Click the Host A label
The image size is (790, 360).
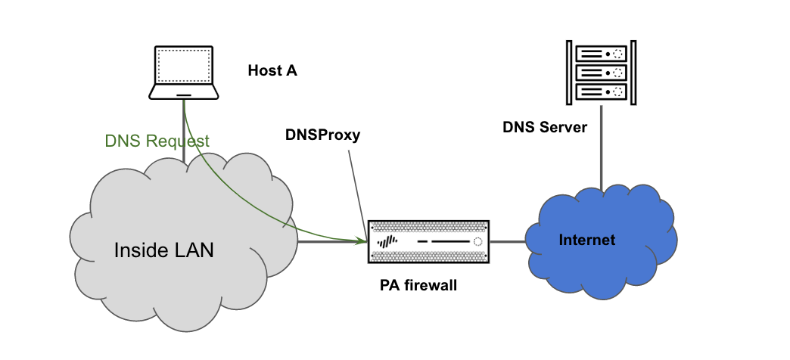(272, 71)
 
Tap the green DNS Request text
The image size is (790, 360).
(157, 141)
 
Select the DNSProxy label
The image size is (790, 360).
(322, 135)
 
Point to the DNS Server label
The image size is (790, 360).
(545, 127)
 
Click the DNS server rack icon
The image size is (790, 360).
(602, 73)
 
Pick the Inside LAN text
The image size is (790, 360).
(163, 250)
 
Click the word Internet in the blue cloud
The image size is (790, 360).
(586, 241)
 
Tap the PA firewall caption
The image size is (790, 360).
(418, 287)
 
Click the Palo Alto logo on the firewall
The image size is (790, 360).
(387, 242)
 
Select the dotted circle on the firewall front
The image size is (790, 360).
(477, 242)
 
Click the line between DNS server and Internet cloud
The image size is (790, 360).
(602, 144)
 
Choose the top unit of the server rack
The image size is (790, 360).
(602, 54)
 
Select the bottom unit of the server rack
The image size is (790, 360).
(602, 92)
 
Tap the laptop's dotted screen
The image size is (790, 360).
(183, 67)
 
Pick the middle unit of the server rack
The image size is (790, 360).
(602, 73)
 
